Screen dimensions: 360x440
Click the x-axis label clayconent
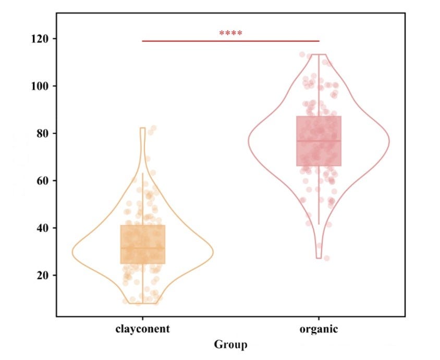coord(142,329)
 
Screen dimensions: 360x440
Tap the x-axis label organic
coord(319,329)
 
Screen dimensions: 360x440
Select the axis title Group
coord(230,344)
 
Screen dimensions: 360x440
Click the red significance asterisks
coord(230,34)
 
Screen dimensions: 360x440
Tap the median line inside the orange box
coord(142,248)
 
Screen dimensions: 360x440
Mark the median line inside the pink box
coord(319,141)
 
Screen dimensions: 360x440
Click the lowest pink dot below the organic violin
coord(326,258)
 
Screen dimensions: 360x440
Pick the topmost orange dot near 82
coord(153,128)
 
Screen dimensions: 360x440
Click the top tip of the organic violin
coord(319,54)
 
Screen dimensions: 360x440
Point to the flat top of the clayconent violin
coord(142,128)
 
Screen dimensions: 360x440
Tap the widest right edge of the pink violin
coord(389,141)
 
